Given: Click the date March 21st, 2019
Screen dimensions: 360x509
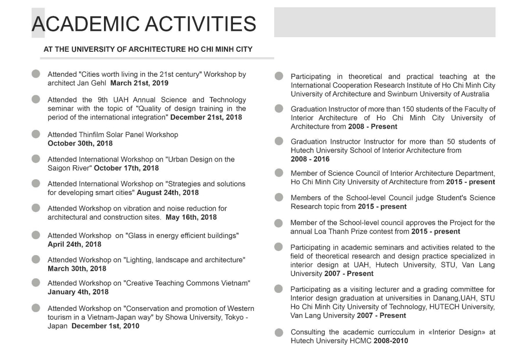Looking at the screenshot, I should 139,83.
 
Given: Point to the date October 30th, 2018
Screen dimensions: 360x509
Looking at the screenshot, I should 80,143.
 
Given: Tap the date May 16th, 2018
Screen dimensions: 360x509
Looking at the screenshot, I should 191,217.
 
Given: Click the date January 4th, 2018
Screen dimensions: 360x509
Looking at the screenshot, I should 78,292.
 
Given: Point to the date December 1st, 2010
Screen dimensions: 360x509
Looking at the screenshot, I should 105,326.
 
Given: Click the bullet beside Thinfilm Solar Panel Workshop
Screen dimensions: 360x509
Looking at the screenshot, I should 36,134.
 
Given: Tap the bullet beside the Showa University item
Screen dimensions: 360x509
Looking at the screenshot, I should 36,308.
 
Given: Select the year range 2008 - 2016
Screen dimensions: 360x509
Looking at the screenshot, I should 310,159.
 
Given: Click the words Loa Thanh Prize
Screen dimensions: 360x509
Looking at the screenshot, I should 328,232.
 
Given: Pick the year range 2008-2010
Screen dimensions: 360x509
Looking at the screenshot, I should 390,340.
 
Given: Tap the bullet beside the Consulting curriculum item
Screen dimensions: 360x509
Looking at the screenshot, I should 279,332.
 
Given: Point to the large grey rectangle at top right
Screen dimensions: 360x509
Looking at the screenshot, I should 385,22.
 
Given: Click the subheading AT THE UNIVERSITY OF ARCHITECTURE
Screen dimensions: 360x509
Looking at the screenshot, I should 148,49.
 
